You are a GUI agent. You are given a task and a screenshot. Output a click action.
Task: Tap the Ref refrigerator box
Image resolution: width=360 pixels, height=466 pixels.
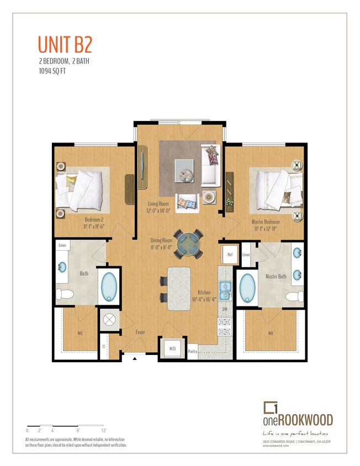[230, 255]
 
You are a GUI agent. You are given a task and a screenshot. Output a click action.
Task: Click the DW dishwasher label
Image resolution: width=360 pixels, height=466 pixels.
[225, 309]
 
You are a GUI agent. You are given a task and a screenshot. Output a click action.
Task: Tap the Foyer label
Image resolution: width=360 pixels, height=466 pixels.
[140, 332]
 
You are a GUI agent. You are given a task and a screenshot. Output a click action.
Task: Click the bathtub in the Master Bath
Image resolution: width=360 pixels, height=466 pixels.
[248, 288]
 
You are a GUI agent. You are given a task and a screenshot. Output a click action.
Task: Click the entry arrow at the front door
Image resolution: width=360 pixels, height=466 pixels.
[135, 358]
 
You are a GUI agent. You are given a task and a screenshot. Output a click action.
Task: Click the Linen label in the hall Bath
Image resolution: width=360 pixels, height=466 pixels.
[63, 245]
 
